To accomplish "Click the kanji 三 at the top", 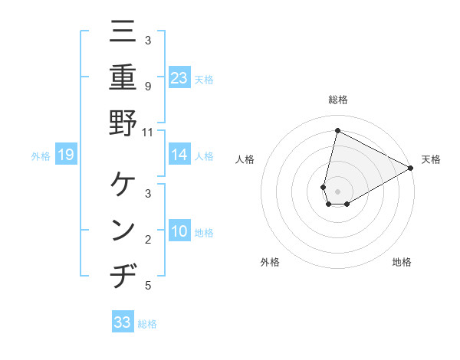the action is point(123,31).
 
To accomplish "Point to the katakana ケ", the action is point(123,184).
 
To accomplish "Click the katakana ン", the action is point(123,230).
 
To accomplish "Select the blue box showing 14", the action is point(179,155).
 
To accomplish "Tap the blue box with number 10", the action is point(179,231).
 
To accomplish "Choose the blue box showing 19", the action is point(66,155).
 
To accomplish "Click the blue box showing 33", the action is point(123,322).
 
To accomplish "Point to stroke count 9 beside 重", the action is point(147,87).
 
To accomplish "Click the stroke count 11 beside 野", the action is point(147,131).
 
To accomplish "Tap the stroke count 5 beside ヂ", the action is point(147,286).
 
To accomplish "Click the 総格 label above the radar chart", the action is point(338,100).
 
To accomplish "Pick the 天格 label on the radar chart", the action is point(431,159).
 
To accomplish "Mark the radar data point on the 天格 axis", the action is point(411,169).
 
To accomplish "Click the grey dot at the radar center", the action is point(338,191).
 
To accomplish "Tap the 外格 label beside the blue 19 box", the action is point(41,156).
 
